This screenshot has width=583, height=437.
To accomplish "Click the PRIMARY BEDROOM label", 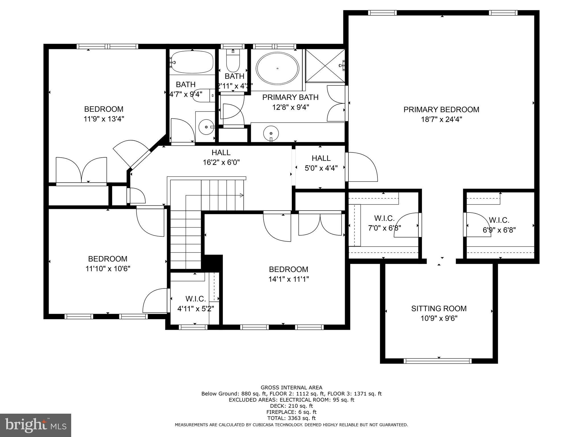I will coord(441,110).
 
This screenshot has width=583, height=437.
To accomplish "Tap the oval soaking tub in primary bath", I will coord(278,68).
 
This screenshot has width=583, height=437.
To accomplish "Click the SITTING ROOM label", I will coord(439,308).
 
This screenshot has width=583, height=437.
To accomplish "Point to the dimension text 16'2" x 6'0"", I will coord(221,162).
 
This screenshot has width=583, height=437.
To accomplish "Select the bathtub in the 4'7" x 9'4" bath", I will coord(192,62).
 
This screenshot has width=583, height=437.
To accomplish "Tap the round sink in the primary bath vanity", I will coord(271,133).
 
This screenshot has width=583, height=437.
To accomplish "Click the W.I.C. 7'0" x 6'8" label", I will coord(384,218).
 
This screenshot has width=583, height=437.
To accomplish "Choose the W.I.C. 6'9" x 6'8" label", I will coord(499,220).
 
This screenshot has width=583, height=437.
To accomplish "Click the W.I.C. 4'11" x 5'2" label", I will coord(196,299).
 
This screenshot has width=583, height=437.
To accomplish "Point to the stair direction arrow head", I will coord(242,195).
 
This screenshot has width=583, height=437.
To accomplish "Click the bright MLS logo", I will coord(36,426).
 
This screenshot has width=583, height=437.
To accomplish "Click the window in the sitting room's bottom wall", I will coord(438,361).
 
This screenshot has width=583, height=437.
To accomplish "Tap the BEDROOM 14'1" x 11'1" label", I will coord(289,269).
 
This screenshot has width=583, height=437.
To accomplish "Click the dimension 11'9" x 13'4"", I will coord(104,119).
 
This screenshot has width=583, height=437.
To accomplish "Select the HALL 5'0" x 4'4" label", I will coord(321,158).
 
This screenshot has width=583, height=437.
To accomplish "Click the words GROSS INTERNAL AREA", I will coord(291,387).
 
